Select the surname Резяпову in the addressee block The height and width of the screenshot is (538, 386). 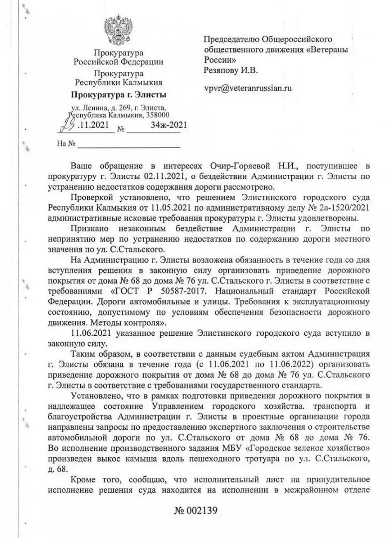(x=222, y=70)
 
